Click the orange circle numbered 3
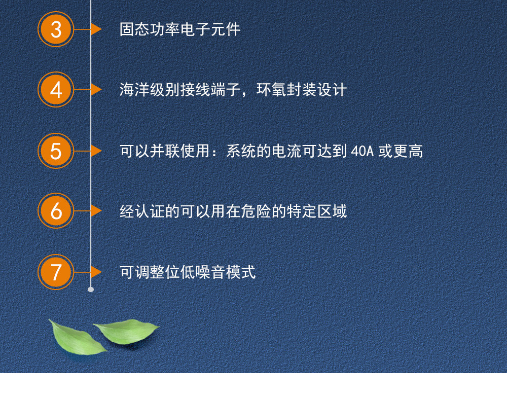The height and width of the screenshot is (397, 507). click(x=56, y=29)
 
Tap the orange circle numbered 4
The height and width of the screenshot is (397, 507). click(x=56, y=90)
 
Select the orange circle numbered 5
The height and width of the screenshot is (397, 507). click(x=56, y=151)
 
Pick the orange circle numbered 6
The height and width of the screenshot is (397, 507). click(x=56, y=211)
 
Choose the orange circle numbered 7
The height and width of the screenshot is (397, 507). click(x=56, y=272)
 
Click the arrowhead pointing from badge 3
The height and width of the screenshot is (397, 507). click(x=96, y=29)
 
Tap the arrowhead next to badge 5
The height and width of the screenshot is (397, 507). click(x=96, y=151)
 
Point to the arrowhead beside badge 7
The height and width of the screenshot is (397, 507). click(x=96, y=272)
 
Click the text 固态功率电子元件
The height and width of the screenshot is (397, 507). click(x=180, y=29)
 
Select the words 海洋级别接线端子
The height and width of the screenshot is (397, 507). click(x=180, y=90)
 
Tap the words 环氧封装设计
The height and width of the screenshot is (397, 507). click(x=301, y=90)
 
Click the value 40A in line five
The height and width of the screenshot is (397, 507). click(x=362, y=151)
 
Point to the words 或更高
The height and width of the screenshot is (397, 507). click(x=401, y=151)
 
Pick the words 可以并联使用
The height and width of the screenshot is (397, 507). click(x=165, y=151)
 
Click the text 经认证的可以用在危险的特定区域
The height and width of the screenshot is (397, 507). click(x=233, y=211)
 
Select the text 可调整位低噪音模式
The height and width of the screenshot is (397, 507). click(x=188, y=272)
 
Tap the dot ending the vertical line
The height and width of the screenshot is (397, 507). click(x=91, y=290)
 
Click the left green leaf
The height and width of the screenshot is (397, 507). click(x=77, y=338)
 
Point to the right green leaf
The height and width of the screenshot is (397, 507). click(x=127, y=332)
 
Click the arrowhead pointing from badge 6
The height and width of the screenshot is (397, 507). click(x=96, y=211)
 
